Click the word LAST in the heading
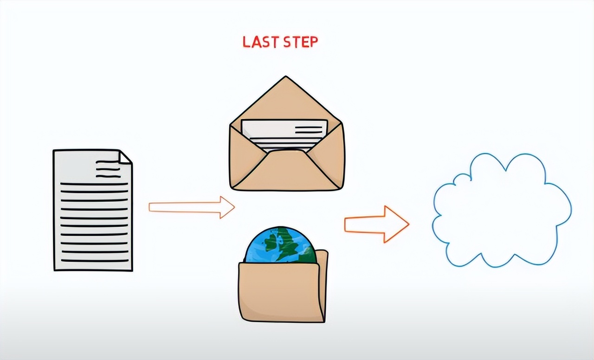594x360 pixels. pyautogui.click(x=260, y=42)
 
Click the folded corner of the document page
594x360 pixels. pyautogui.click(x=124, y=157)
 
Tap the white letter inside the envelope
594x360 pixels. pyautogui.click(x=284, y=133)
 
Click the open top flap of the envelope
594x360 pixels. pyautogui.click(x=286, y=100)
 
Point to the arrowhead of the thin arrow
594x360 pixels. pyautogui.click(x=227, y=207)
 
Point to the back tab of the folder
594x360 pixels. pyautogui.click(x=323, y=264)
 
